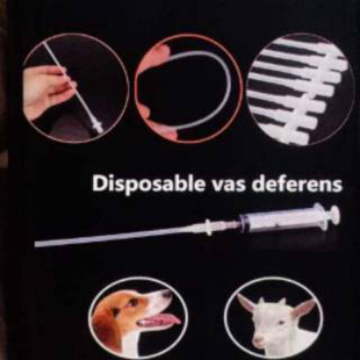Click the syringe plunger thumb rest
point(335,213)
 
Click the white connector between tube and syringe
point(210,227)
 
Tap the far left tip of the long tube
point(37,244)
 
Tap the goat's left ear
point(245,304)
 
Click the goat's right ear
point(304,307)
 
